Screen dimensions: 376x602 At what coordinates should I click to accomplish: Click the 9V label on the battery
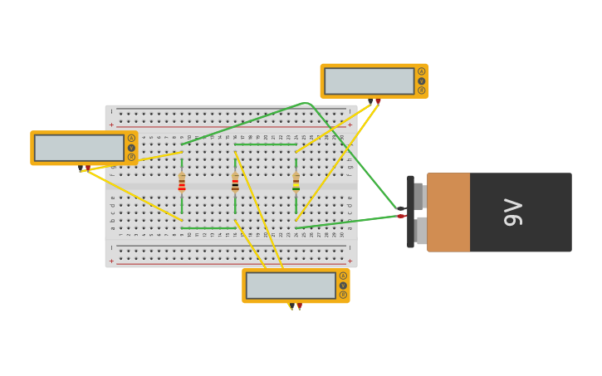coord(513,212)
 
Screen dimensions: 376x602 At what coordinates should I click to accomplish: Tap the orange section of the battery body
coord(448,212)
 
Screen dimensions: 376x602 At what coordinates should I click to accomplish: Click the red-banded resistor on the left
coord(182,182)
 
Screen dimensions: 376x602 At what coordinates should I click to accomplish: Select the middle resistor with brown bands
coord(235,182)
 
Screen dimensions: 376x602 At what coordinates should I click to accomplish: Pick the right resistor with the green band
coord(296,182)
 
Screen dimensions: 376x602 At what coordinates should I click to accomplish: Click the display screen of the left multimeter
coord(79,148)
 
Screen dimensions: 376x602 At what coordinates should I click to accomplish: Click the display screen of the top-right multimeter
coord(369,81)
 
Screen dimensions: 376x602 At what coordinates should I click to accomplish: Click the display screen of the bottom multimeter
coord(291,286)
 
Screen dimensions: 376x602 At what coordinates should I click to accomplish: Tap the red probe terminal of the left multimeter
coord(88,168)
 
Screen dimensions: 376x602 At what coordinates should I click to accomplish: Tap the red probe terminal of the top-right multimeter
coord(378,100)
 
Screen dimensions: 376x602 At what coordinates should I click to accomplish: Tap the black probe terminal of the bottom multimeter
coord(291,305)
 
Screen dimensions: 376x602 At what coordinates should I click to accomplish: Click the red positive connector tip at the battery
coord(401,216)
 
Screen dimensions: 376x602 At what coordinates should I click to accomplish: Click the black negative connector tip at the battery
coord(401,208)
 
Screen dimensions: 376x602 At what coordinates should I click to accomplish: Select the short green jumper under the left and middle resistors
coord(208,227)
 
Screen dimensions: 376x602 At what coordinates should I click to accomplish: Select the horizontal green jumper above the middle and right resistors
coord(265,144)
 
